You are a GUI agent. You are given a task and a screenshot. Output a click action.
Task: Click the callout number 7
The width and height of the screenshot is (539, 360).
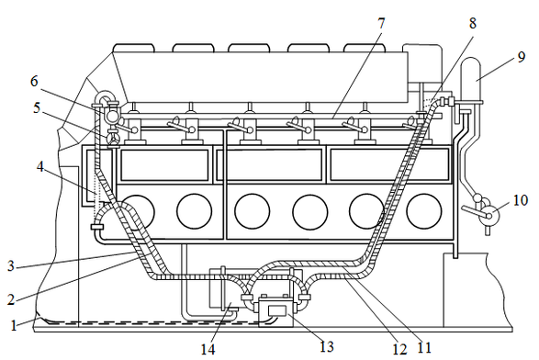tap(381, 24)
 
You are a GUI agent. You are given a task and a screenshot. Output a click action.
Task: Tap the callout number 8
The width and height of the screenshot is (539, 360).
tap(473, 23)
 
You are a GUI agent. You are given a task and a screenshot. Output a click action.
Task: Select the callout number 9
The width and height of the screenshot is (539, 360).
tap(522, 57)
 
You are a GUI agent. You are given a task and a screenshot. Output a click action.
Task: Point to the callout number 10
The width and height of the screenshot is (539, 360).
tap(521, 200)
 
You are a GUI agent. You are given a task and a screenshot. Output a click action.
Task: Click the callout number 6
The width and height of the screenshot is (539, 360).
tap(34, 81)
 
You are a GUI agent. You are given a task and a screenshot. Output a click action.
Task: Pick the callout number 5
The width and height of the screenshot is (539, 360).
tap(37, 108)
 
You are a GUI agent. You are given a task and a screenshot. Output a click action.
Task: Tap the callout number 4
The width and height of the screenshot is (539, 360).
tap(40, 167)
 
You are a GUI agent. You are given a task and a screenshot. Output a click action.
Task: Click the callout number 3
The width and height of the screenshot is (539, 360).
tap(11, 265)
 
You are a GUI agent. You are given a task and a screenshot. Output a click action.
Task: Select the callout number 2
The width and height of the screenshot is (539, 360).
tap(11, 299)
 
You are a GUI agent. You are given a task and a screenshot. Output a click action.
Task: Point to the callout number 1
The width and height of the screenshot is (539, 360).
tap(13, 325)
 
